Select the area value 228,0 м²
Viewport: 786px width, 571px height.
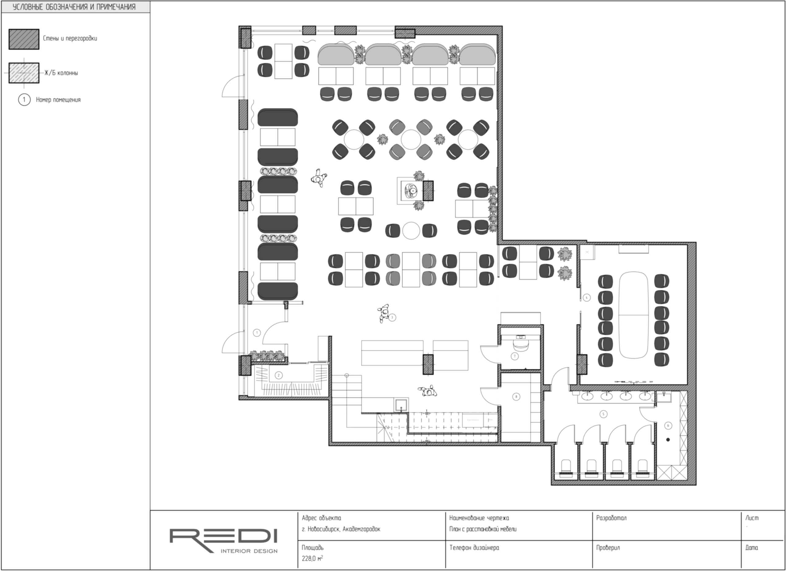[x=312, y=558]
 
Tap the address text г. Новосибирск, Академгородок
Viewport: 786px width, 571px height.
[x=341, y=529]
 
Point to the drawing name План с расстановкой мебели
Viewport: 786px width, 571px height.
[x=483, y=529]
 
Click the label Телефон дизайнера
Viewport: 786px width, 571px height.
[x=474, y=548]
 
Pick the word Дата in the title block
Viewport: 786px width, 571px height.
[x=752, y=548]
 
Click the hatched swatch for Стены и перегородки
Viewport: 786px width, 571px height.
[x=24, y=39]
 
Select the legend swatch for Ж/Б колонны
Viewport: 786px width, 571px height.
[x=24, y=73]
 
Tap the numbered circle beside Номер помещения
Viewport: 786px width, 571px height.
[x=24, y=100]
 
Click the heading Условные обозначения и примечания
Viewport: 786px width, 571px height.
[x=74, y=7]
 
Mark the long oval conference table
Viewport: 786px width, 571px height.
[x=633, y=315]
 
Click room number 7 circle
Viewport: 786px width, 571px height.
[x=515, y=356]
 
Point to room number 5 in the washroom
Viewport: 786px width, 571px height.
[x=603, y=414]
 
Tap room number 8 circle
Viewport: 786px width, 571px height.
[x=516, y=396]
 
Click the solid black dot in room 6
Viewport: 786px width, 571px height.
[x=668, y=440]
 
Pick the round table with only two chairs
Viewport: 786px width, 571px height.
[x=411, y=231]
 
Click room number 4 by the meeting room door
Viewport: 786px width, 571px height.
[x=586, y=297]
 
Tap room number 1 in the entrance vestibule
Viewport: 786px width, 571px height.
[x=257, y=333]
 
